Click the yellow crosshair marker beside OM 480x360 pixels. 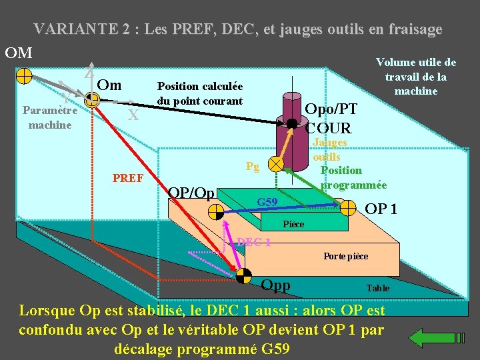[23, 74]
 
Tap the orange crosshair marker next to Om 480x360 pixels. [92, 99]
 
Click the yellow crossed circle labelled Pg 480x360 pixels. [275, 163]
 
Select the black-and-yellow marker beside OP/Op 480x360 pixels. [216, 211]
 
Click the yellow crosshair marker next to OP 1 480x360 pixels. [348, 207]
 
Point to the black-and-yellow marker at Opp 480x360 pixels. [245, 275]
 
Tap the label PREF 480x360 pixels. [128, 178]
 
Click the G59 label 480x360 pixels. [267, 201]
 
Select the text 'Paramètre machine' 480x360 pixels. [50, 118]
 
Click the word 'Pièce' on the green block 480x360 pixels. [293, 224]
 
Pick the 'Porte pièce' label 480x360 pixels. [345, 256]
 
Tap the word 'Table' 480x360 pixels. [377, 288]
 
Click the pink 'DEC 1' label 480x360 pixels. [253, 242]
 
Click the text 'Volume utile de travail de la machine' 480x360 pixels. [416, 77]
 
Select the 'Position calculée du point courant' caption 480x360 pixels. [199, 93]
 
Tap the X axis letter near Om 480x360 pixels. [133, 115]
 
